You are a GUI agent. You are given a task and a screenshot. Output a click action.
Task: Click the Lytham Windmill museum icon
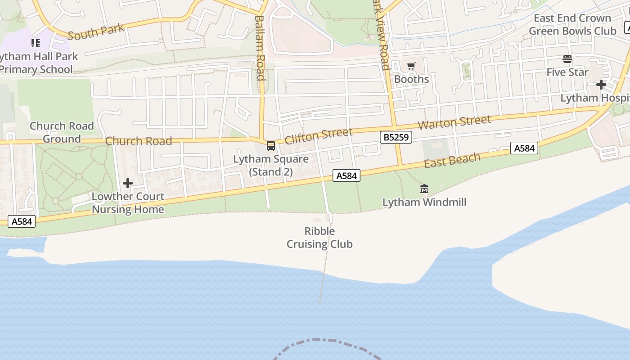pos(424,189)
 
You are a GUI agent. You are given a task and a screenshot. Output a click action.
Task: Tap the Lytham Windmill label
pos(424,202)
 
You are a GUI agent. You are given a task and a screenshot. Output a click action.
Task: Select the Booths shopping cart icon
pos(411,67)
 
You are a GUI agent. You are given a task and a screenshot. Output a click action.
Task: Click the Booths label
pos(411,79)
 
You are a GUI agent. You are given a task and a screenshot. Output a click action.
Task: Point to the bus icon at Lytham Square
pos(271,146)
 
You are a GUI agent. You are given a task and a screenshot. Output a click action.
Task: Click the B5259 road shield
pos(396,137)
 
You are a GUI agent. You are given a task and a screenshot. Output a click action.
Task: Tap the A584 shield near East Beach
pos(524,148)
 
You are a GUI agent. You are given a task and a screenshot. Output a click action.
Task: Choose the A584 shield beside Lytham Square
pos(346,176)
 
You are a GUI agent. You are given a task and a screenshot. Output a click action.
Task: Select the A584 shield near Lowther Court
pos(22,221)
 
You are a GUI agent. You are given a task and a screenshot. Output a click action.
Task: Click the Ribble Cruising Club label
pos(319,238)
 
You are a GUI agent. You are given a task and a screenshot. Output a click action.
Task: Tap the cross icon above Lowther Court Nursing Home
pos(128,183)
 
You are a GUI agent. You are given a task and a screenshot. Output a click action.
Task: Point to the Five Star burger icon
pos(567,59)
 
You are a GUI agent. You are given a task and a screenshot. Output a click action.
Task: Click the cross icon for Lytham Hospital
pos(601,85)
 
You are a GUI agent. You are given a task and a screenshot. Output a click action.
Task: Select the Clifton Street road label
pos(318,135)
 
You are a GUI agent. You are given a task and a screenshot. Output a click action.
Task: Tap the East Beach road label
pos(452,160)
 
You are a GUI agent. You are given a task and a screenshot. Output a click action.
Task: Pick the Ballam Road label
pos(260,48)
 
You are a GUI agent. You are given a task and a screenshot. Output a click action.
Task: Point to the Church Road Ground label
pos(62,132)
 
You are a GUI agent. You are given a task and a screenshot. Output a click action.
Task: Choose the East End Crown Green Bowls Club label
pos(572,25)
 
